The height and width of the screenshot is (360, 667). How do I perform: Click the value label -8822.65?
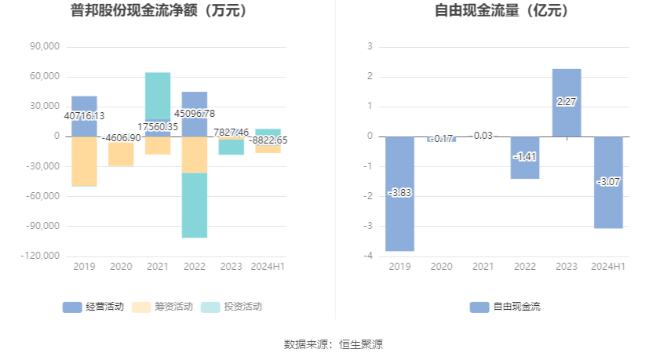point(268,140)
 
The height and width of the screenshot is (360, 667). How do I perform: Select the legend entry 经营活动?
point(93,307)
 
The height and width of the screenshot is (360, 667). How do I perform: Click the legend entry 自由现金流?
point(505,307)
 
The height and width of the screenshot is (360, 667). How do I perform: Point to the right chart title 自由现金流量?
point(502,11)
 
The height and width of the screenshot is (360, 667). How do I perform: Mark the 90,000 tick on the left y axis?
point(46,47)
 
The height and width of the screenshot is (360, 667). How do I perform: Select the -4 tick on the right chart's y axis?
point(368,256)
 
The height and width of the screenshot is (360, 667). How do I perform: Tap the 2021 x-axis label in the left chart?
point(158,267)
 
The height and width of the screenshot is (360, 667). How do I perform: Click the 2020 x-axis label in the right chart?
point(442,267)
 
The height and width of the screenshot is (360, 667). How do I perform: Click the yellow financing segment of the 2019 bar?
point(84,161)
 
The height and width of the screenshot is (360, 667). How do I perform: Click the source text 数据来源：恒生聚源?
point(333,344)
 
